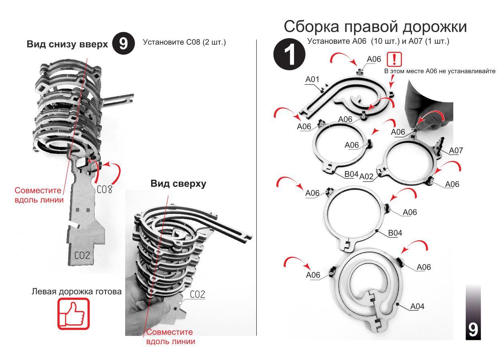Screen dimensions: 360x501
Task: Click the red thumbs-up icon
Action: tap(73, 313)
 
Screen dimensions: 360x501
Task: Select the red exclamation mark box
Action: tap(394, 60)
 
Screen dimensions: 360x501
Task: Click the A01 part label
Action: tap(312, 79)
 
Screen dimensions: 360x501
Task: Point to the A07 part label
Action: tap(456, 151)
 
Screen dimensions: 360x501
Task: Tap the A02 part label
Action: tap(367, 176)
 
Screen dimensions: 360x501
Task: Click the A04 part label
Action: tap(418, 307)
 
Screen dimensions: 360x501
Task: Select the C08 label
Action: tap(104, 189)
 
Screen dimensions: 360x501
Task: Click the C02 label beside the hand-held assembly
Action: tap(197, 295)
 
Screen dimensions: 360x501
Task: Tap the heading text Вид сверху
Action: tap(178, 184)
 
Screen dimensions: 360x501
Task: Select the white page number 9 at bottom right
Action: tap(473, 329)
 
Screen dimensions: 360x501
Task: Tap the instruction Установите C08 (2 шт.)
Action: tap(185, 42)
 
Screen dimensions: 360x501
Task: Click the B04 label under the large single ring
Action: tap(396, 233)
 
